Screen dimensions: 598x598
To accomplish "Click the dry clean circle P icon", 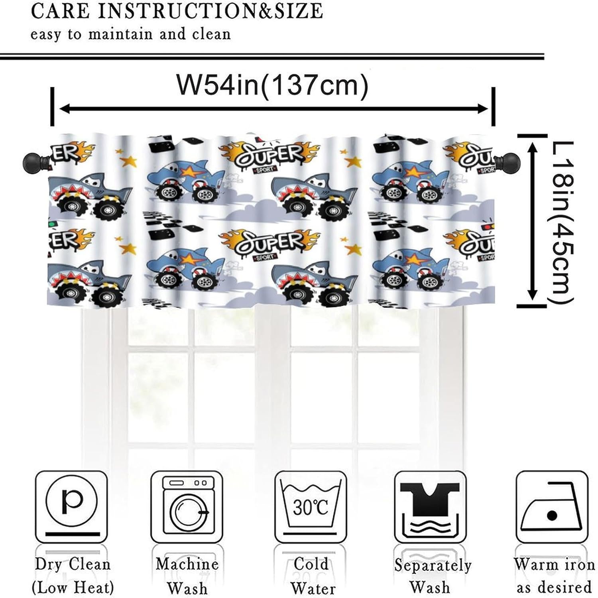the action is (71, 507).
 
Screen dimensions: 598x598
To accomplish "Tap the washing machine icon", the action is (187, 507).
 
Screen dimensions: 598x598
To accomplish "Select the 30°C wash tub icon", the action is (311, 507).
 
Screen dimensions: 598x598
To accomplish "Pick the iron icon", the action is (552, 507).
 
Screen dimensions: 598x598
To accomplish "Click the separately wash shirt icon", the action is (430, 507).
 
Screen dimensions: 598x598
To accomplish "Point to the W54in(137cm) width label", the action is (272, 85).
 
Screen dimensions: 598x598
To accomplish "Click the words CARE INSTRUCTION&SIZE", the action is (177, 11).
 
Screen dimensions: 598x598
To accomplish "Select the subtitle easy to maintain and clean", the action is (131, 34).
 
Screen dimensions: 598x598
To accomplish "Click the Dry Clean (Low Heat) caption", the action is (73, 576).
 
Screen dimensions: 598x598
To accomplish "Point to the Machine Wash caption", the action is (187, 576).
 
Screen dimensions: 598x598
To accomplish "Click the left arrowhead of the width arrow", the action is (63, 108).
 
